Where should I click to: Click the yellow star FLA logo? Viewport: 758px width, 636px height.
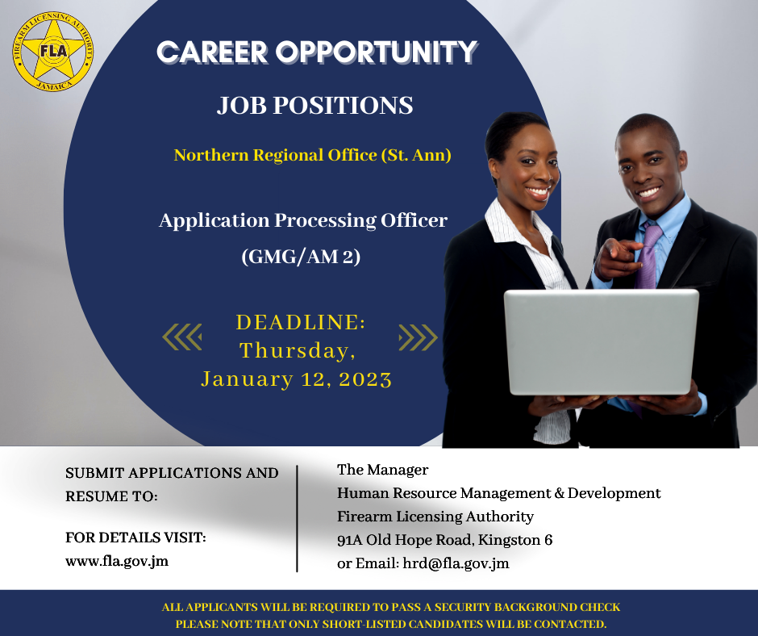(53, 52)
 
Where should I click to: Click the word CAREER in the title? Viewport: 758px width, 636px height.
(213, 52)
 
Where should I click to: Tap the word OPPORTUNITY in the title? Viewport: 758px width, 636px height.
(377, 52)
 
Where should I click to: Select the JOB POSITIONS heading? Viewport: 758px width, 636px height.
(315, 106)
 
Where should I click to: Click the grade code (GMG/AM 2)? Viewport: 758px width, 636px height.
(301, 257)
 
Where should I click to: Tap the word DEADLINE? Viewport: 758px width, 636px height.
(301, 322)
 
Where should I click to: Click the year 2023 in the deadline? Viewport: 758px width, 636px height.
(365, 379)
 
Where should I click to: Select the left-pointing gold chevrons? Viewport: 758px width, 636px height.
(182, 337)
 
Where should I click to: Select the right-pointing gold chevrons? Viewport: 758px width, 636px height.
(419, 337)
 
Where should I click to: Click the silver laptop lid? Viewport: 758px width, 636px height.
(602, 342)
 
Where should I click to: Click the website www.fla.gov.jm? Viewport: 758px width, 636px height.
(117, 561)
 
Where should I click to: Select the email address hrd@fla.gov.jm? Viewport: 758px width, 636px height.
(456, 563)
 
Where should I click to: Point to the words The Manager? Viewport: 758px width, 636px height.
(382, 470)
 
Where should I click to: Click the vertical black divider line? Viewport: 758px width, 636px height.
(297, 518)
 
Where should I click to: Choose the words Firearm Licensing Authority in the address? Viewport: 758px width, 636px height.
(435, 517)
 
